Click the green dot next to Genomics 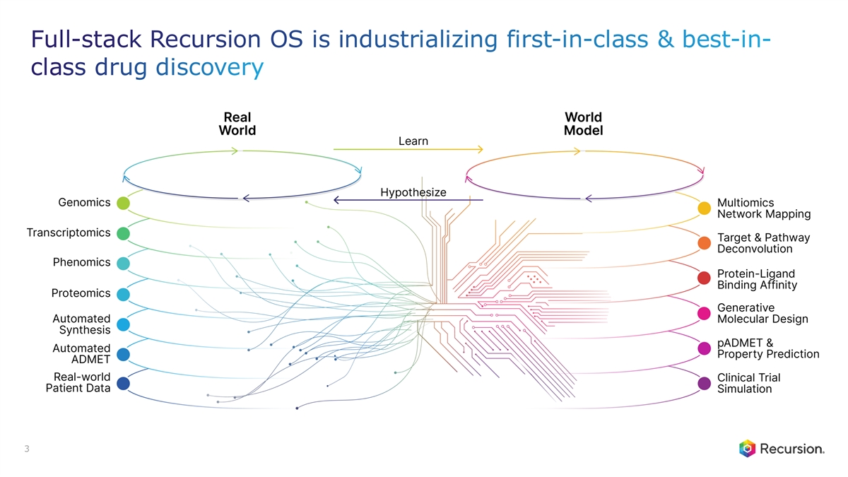point(123,204)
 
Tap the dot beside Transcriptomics point(123,233)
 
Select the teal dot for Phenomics point(123,264)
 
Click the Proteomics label point(81,293)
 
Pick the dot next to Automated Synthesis point(123,324)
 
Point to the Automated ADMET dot point(123,354)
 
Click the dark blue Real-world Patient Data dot point(123,384)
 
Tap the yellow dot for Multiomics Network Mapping point(704,208)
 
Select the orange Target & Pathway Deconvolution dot point(704,243)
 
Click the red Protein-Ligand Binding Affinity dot point(704,278)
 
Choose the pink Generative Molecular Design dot point(704,313)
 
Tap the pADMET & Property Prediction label point(767,348)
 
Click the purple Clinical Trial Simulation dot point(704,384)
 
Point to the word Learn point(413,141)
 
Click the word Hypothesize point(413,192)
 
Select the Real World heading point(237,124)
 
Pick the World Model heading point(583,124)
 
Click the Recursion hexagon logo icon point(748,448)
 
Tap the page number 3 point(26,449)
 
